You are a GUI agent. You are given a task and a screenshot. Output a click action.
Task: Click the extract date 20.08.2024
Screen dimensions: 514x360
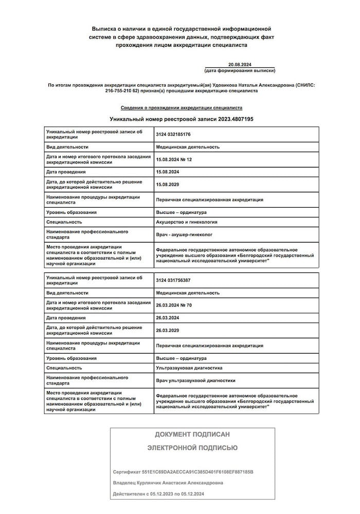(240, 64)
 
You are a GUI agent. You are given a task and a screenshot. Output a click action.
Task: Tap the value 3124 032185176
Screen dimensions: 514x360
(173, 134)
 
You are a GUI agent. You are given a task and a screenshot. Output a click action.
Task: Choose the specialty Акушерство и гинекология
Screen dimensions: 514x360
(186, 222)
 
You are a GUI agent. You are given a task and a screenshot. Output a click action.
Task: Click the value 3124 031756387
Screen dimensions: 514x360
(173, 280)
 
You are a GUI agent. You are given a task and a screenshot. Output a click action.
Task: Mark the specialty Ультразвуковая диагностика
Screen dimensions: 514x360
(189, 368)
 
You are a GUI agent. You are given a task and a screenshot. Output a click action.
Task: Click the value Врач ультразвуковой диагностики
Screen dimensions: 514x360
(195, 381)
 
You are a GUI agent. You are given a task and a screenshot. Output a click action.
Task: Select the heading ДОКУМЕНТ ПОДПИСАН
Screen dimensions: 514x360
(192, 434)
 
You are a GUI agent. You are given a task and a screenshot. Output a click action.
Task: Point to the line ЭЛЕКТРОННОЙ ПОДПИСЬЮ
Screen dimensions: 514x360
(192, 448)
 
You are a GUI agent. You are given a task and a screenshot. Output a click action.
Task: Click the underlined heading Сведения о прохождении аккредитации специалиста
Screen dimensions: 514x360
(182, 108)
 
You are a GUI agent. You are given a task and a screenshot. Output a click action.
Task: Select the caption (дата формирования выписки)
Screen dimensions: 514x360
(240, 70)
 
